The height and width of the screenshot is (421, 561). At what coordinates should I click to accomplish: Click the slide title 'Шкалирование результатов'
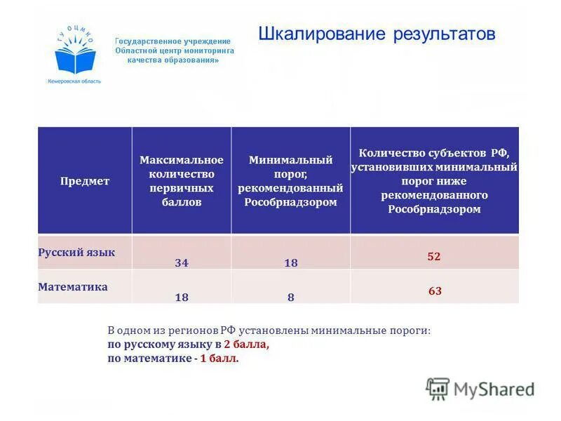(377, 34)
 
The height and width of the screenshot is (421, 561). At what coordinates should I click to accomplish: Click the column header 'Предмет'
(84, 181)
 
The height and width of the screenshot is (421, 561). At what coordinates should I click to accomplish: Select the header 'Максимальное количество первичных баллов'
(181, 181)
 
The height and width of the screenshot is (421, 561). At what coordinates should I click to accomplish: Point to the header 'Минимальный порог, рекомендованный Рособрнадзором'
(290, 181)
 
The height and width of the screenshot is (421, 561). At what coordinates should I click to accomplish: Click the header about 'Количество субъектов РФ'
(435, 180)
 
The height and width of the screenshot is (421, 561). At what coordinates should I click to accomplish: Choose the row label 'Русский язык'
(76, 252)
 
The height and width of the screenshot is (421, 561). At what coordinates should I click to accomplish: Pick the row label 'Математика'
(73, 286)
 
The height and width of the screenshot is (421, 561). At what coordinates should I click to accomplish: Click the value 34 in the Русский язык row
(182, 263)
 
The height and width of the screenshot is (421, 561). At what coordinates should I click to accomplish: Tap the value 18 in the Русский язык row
(291, 263)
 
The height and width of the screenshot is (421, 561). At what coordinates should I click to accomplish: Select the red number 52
(434, 257)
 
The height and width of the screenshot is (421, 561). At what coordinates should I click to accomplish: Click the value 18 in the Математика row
(182, 298)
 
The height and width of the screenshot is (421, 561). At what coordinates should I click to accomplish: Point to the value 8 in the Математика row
(291, 298)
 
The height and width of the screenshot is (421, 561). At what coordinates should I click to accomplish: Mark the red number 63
(435, 290)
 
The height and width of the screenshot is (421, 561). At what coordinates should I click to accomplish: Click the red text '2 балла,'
(246, 345)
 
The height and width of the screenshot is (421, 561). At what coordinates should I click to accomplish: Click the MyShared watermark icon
(438, 389)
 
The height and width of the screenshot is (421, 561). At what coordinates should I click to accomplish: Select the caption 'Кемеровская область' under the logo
(74, 81)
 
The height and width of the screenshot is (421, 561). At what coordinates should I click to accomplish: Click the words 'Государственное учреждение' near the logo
(173, 41)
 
